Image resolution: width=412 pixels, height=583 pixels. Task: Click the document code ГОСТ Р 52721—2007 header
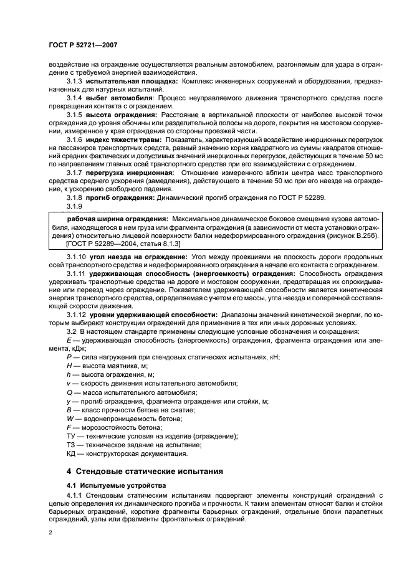[85, 45]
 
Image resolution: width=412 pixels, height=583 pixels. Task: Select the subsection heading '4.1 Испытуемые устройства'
[105, 484]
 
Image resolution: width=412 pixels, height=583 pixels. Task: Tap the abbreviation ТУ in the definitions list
[70, 437]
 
